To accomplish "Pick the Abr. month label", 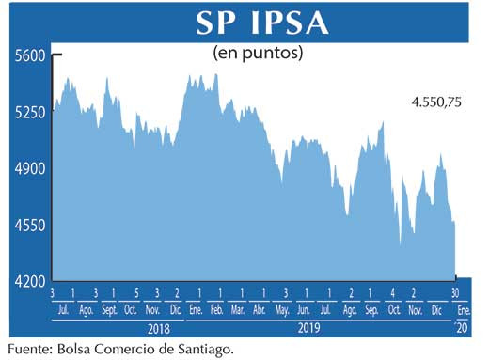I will [261, 309].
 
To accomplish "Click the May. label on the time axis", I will [282, 309].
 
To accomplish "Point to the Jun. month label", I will [304, 309].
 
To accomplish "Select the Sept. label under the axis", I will [108, 309].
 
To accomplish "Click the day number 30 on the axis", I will [455, 293].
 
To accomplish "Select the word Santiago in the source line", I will [200, 349].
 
